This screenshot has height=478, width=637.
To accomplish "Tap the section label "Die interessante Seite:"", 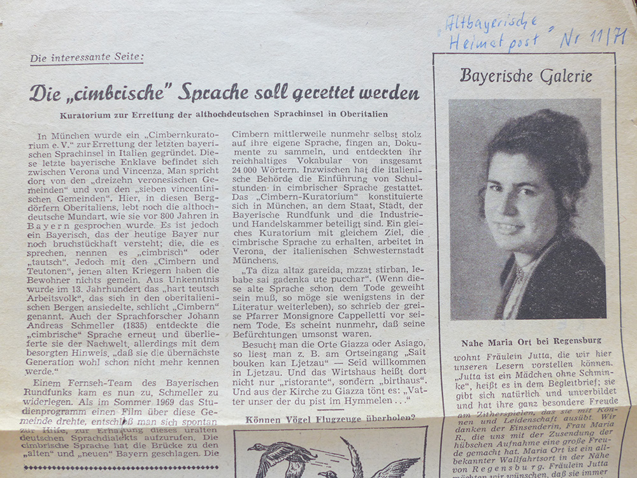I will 87,59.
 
